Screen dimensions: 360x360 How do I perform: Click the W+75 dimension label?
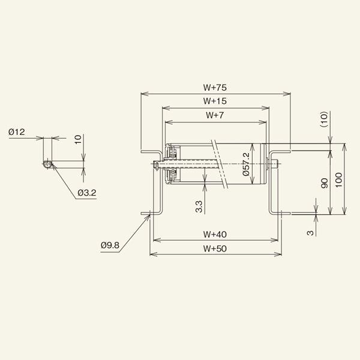[215, 88]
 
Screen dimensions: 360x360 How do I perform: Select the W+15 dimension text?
[215, 101]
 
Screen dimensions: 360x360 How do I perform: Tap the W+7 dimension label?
[215, 115]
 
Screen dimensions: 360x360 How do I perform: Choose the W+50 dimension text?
[215, 248]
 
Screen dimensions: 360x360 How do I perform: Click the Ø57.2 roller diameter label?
[247, 164]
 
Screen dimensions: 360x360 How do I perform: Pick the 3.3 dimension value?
[199, 207]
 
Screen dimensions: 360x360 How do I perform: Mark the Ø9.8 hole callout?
[112, 245]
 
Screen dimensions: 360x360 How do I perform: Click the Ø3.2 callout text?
[87, 193]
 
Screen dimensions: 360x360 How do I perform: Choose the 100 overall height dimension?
[338, 179]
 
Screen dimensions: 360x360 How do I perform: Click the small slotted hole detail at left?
[47, 163]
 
